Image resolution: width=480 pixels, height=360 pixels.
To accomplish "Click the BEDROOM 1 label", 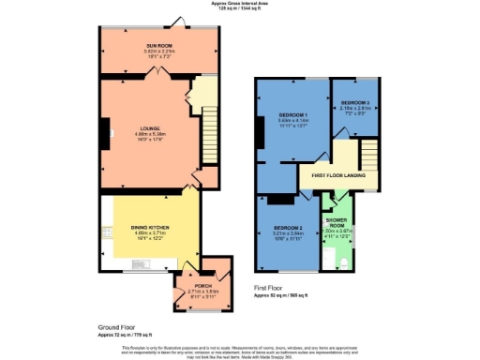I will coord(292,115).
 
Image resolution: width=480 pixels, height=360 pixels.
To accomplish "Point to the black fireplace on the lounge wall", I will coord(105,131).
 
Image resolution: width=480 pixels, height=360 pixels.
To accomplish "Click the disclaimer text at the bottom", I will coord(240,350).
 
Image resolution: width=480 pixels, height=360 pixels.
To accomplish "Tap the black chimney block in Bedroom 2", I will coord(276,199).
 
